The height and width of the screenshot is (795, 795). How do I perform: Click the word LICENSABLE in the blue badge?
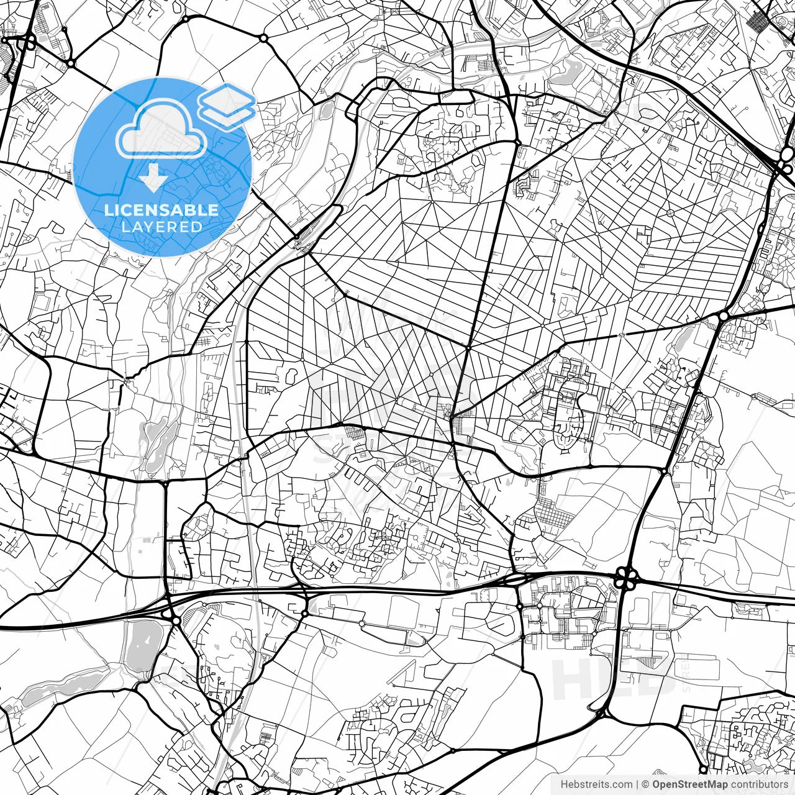[x=161, y=210]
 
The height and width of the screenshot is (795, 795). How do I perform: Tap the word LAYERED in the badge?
[x=161, y=227]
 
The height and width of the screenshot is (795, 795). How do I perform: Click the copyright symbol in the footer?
[x=645, y=784]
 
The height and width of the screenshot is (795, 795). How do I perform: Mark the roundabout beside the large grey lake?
[x=176, y=620]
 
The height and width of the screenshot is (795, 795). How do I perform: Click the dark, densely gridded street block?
[x=757, y=22]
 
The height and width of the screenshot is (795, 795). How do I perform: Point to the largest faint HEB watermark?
[x=612, y=677]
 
